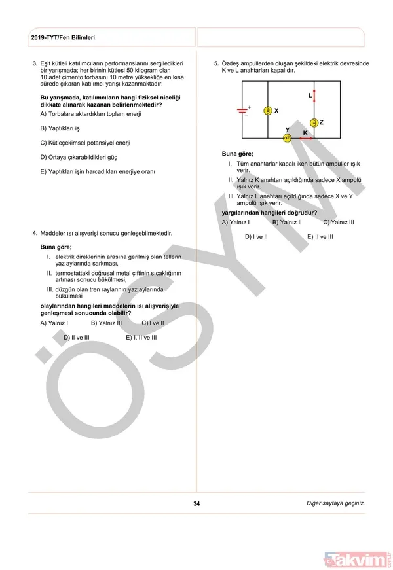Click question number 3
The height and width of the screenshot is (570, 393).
[35, 63]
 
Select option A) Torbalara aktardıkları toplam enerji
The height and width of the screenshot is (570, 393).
[91, 113]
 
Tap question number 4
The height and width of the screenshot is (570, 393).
[35, 232]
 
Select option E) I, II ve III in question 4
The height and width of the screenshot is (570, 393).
[141, 337]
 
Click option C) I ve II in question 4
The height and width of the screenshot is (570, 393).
[153, 323]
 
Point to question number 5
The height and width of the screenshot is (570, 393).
[216, 63]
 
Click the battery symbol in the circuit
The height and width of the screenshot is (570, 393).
[246, 110]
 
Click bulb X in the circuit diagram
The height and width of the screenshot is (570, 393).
[267, 111]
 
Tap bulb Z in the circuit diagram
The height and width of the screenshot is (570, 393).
[314, 122]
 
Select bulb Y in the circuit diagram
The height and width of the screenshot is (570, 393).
[287, 137]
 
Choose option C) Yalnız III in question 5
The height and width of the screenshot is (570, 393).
[338, 222]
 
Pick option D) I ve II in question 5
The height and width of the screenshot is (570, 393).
[256, 236]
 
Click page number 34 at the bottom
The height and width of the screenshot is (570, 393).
[196, 503]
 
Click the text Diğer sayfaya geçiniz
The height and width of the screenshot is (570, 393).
[335, 503]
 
